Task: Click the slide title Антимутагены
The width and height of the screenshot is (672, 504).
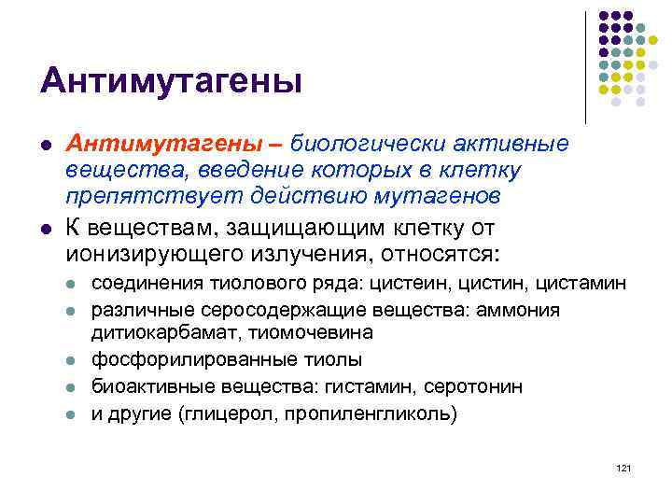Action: tap(171, 81)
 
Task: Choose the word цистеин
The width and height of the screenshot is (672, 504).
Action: tap(420, 283)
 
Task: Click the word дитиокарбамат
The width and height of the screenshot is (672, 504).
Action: tap(153, 332)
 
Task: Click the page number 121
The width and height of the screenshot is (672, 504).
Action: tap(624, 467)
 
